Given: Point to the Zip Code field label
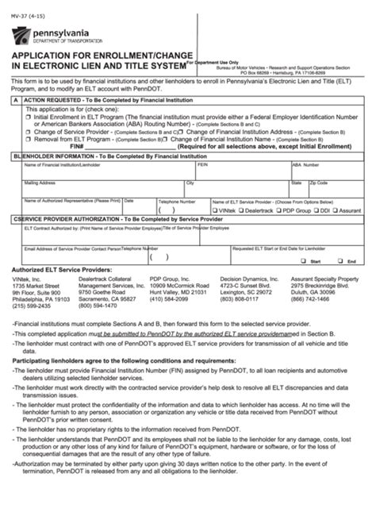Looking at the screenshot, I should [x=319, y=183].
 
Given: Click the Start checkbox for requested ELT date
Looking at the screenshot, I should [x=304, y=260].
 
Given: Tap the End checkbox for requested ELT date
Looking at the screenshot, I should [x=339, y=260].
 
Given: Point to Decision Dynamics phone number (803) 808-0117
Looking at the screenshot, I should [x=242, y=298].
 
